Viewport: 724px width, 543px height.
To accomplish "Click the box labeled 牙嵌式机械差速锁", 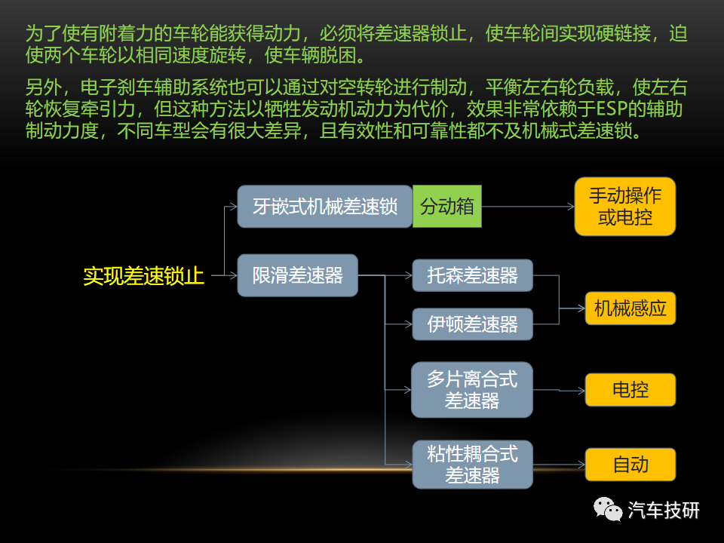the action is click(324, 207).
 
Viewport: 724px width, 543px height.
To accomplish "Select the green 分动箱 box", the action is click(447, 207).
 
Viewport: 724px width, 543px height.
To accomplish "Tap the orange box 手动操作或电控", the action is click(624, 207).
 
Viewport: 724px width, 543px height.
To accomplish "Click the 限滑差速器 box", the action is click(297, 275).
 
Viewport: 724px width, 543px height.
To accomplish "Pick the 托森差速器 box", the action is click(472, 275).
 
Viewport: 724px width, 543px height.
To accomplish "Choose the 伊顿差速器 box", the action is click(472, 324).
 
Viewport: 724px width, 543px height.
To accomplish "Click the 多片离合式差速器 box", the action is click(472, 390).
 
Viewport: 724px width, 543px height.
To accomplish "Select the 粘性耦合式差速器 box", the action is click(472, 465).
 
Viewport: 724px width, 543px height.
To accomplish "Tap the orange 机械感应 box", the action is click(630, 308).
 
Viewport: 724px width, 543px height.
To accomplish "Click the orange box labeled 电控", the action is click(630, 390).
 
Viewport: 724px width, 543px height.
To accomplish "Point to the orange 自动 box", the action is click(630, 465).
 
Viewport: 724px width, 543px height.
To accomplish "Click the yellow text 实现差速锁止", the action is click(143, 276).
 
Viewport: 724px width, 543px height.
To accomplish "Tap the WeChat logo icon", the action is click(608, 509).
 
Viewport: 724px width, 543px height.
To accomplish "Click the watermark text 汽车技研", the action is click(664, 511).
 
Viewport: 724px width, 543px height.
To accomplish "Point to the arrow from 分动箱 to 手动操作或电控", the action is click(528, 207).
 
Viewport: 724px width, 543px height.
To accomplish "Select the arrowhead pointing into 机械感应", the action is click(581, 308).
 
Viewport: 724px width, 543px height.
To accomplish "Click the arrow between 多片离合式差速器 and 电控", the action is click(559, 390).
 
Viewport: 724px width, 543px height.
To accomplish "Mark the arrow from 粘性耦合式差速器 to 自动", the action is click(559, 465).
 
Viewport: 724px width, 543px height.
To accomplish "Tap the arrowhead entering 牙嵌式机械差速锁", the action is click(234, 207).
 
